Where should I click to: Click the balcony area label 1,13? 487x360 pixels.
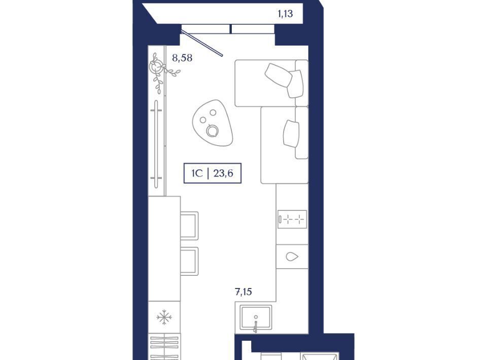[285, 14]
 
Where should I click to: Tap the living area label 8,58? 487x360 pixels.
[182, 58]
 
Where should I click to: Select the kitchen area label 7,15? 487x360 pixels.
[243, 292]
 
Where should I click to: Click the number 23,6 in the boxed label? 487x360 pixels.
[223, 173]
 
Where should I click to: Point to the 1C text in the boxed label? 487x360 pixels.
[197, 173]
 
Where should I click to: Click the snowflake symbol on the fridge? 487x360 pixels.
[164, 317]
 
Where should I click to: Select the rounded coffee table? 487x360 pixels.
[213, 123]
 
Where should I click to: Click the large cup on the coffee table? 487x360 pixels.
[213, 131]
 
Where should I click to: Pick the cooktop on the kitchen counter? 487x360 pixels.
[292, 220]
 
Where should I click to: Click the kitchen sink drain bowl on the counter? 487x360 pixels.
[292, 257]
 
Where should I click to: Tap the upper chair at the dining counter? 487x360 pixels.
[189, 226]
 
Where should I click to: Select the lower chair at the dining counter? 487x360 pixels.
[189, 261]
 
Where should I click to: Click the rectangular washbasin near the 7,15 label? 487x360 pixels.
[256, 317]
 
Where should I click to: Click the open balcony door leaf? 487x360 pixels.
[202, 43]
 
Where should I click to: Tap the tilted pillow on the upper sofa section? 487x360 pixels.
[279, 75]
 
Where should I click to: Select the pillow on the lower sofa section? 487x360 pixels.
[291, 133]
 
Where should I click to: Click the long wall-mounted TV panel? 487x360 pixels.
[156, 145]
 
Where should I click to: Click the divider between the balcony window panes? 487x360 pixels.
[231, 29]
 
